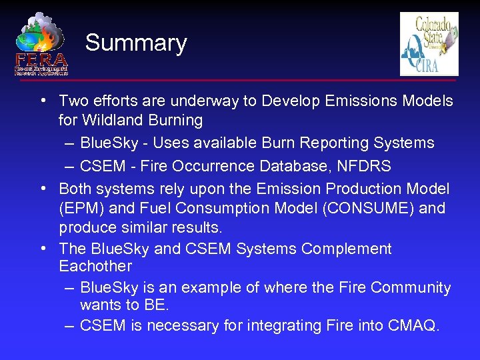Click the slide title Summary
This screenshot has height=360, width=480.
pyautogui.click(x=136, y=43)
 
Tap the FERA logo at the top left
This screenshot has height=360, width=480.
pyautogui.click(x=41, y=44)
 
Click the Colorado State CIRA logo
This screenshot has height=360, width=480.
pyautogui.click(x=429, y=44)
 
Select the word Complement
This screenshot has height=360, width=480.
pyautogui.click(x=347, y=249)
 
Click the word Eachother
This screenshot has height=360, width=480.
pyautogui.click(x=95, y=267)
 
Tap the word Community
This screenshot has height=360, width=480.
pyautogui.click(x=411, y=288)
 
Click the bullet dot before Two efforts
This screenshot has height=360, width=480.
pyautogui.click(x=42, y=101)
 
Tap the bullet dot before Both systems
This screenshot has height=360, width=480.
pyautogui.click(x=42, y=189)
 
